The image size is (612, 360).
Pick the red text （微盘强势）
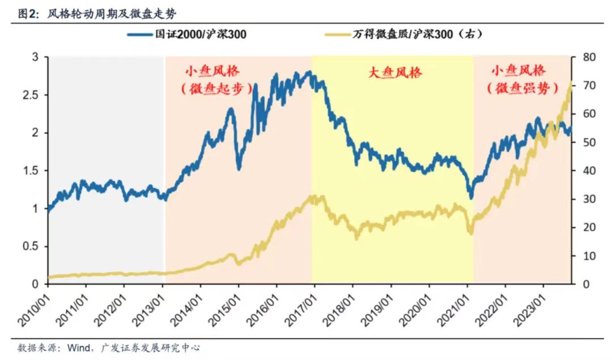point(517,89)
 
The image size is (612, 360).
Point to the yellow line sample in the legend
point(338,35)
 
